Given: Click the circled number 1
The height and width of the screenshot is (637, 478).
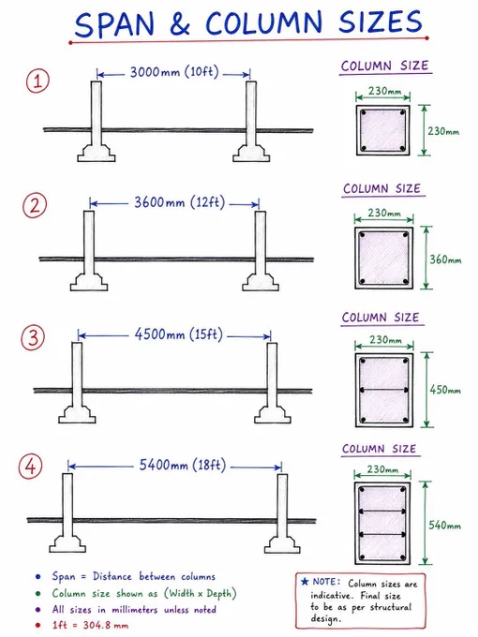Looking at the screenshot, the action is pos(37,81).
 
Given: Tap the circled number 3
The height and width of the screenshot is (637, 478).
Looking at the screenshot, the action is pos(33,338).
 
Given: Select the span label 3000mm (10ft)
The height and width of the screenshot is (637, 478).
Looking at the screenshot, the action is pos(174,72).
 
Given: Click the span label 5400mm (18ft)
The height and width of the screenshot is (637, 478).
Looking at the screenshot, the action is pos(182,465).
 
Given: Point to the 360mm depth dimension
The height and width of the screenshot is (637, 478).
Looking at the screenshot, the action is pos(445,259).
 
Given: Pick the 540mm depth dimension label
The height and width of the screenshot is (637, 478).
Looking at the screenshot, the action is pos(444,526).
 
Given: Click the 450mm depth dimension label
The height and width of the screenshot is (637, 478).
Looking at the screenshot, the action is pos(445,390).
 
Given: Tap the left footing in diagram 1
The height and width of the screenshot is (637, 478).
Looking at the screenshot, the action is pos(97,153).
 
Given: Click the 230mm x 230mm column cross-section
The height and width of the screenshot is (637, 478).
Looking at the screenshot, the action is pos(383,130).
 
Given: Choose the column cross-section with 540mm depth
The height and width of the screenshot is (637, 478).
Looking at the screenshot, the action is pos(382,524).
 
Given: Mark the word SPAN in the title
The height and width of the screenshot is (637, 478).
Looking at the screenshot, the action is pos(114,24).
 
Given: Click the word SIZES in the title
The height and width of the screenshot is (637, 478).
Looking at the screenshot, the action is pos(381,22).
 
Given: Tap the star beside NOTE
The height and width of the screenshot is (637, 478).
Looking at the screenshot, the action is pos(305,582).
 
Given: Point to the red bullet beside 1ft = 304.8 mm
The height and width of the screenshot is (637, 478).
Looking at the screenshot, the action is pos(37,625).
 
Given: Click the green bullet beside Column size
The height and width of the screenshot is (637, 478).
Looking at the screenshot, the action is pos(37,594).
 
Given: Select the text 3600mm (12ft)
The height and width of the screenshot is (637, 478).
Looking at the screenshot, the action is pos(179,202).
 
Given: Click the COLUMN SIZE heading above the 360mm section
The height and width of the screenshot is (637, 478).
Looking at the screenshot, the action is pos(381,189).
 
